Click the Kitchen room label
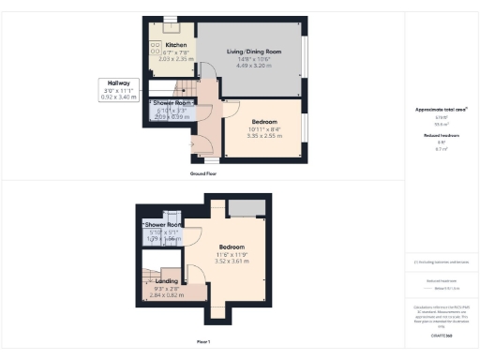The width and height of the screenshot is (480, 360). point(176,45)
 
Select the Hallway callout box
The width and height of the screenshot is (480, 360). point(117,90)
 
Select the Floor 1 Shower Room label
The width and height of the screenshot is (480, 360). point(163,225)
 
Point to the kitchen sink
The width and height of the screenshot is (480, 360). point(172,26)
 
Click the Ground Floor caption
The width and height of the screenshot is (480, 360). point(224,173)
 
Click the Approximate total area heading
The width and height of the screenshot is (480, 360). point(442,110)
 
